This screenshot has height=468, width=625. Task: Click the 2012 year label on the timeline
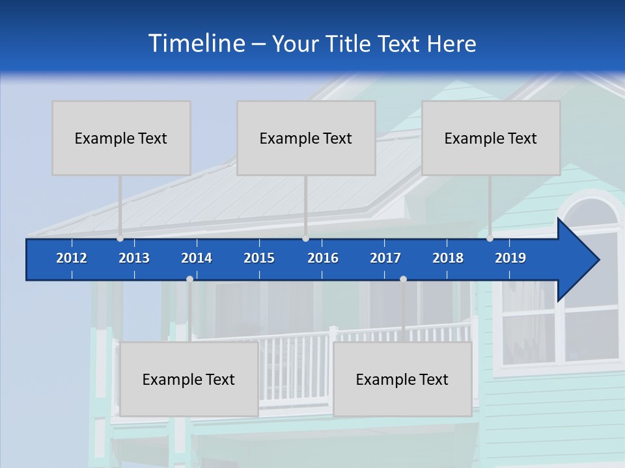pos(72,258)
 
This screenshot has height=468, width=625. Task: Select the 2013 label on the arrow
pos(134,258)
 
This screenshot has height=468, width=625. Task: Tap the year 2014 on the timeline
pos(197,258)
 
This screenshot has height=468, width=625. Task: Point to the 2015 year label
pos(259,258)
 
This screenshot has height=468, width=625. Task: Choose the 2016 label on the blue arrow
pos(323,258)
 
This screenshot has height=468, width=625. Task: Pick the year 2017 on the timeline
pos(385,258)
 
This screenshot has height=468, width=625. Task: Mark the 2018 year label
pos(448,258)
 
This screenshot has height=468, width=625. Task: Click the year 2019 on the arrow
pos(510,258)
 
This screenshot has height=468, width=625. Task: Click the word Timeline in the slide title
pos(196,44)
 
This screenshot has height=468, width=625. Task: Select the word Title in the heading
pos(348,44)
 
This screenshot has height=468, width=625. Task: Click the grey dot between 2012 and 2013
pos(120,239)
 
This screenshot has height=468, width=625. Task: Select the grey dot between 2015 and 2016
pos(305,239)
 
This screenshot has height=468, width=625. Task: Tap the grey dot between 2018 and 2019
pos(490,239)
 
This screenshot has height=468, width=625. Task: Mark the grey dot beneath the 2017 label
pos(403,279)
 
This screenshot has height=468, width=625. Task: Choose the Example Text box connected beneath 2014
pos(189,379)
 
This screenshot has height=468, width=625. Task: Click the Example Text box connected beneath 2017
pos(402,379)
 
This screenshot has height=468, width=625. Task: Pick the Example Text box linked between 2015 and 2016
pos(306,138)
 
